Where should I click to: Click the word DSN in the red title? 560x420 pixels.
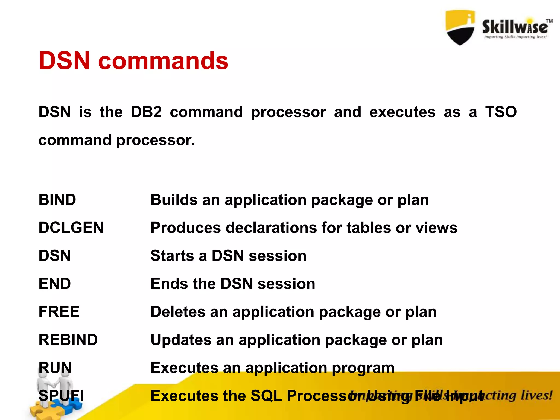[x=64, y=61]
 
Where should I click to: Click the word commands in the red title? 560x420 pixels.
[x=163, y=61]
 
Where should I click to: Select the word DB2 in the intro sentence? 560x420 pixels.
[x=146, y=112]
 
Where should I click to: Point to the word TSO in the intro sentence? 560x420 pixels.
[x=501, y=112]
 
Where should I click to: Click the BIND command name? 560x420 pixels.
[x=57, y=200]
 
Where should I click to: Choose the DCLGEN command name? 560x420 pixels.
[x=71, y=227]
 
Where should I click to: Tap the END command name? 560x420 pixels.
[x=55, y=284]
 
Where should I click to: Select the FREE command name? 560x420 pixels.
[x=59, y=312]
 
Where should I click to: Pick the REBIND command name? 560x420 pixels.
[x=68, y=340]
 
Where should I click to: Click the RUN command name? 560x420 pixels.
[x=55, y=367]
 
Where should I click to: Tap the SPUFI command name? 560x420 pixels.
[x=61, y=396]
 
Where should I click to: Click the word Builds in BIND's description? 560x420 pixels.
[x=174, y=200]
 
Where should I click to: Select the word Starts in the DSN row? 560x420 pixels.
[x=172, y=256]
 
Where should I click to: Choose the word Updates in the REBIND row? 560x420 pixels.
[x=181, y=340]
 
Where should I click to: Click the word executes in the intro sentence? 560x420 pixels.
[x=402, y=112]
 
